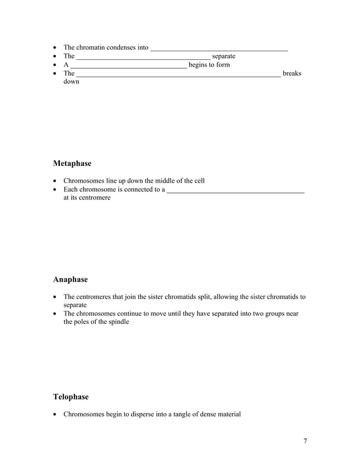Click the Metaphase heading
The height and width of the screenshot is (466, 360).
72,164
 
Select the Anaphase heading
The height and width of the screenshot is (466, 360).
71,279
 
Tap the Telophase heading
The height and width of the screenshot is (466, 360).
71,397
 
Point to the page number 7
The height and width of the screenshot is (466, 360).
305,441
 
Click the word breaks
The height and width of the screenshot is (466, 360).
292,73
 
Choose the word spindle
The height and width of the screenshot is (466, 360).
117,322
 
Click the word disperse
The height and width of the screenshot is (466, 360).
131,414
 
